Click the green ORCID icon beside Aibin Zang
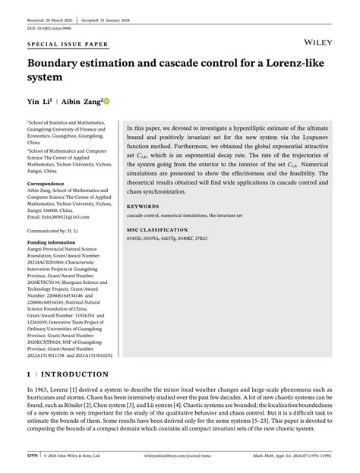coord(106,101)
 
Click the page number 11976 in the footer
coord(34,456)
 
